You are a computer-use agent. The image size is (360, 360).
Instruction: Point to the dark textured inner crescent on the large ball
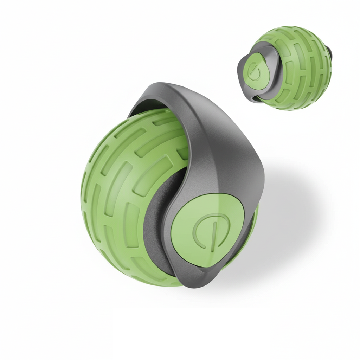[155, 225]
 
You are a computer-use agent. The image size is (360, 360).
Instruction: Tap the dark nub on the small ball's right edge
[330, 53]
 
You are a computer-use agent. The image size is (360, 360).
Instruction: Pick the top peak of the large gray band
[165, 86]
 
